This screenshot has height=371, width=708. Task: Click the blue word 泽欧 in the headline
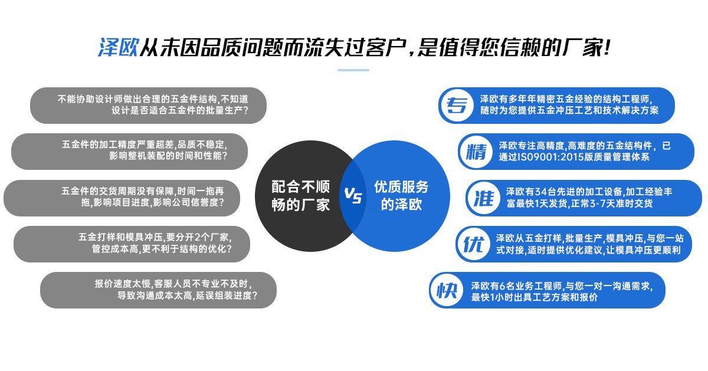coord(118,47)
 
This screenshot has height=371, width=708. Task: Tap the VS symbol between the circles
coord(353,196)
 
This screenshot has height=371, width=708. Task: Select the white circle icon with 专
coord(455,106)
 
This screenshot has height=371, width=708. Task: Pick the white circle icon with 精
coord(476,152)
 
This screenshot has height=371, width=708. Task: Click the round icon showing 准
coord(483,198)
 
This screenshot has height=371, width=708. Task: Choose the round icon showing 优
coord(473,244)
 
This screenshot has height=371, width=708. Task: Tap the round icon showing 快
coord(447,290)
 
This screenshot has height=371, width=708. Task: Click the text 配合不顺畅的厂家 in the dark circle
coord(300,196)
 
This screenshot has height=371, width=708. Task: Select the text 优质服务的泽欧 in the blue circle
coord(401,196)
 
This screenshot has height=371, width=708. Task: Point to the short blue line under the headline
coord(353,70)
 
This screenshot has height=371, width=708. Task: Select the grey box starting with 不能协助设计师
coord(148,106)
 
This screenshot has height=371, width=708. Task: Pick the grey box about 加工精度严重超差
coord(129,152)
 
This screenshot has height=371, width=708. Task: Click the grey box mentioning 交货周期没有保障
coord(122,198)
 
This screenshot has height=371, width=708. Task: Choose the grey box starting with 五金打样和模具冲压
coord(132,244)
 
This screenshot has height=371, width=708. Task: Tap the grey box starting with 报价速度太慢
coord(158,290)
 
